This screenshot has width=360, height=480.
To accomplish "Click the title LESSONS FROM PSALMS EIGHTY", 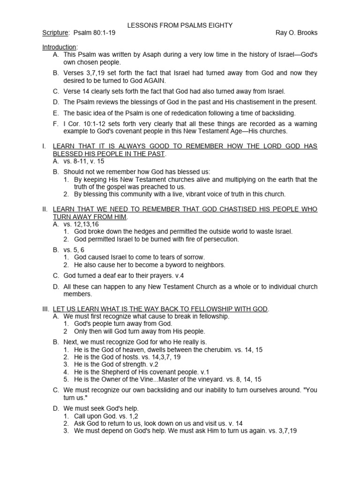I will click(x=180, y=25).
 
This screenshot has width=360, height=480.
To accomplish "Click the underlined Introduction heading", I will click(x=59, y=47).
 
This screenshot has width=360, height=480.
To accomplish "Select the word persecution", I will click(x=219, y=239).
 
